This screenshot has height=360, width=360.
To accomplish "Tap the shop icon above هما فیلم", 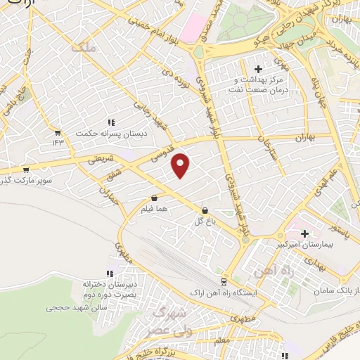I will pos(154,198).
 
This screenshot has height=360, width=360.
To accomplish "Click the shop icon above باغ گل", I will pos(205,210).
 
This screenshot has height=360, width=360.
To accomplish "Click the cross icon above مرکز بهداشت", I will pos(258,69).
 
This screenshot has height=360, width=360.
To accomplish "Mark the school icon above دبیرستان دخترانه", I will pos(109,274).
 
